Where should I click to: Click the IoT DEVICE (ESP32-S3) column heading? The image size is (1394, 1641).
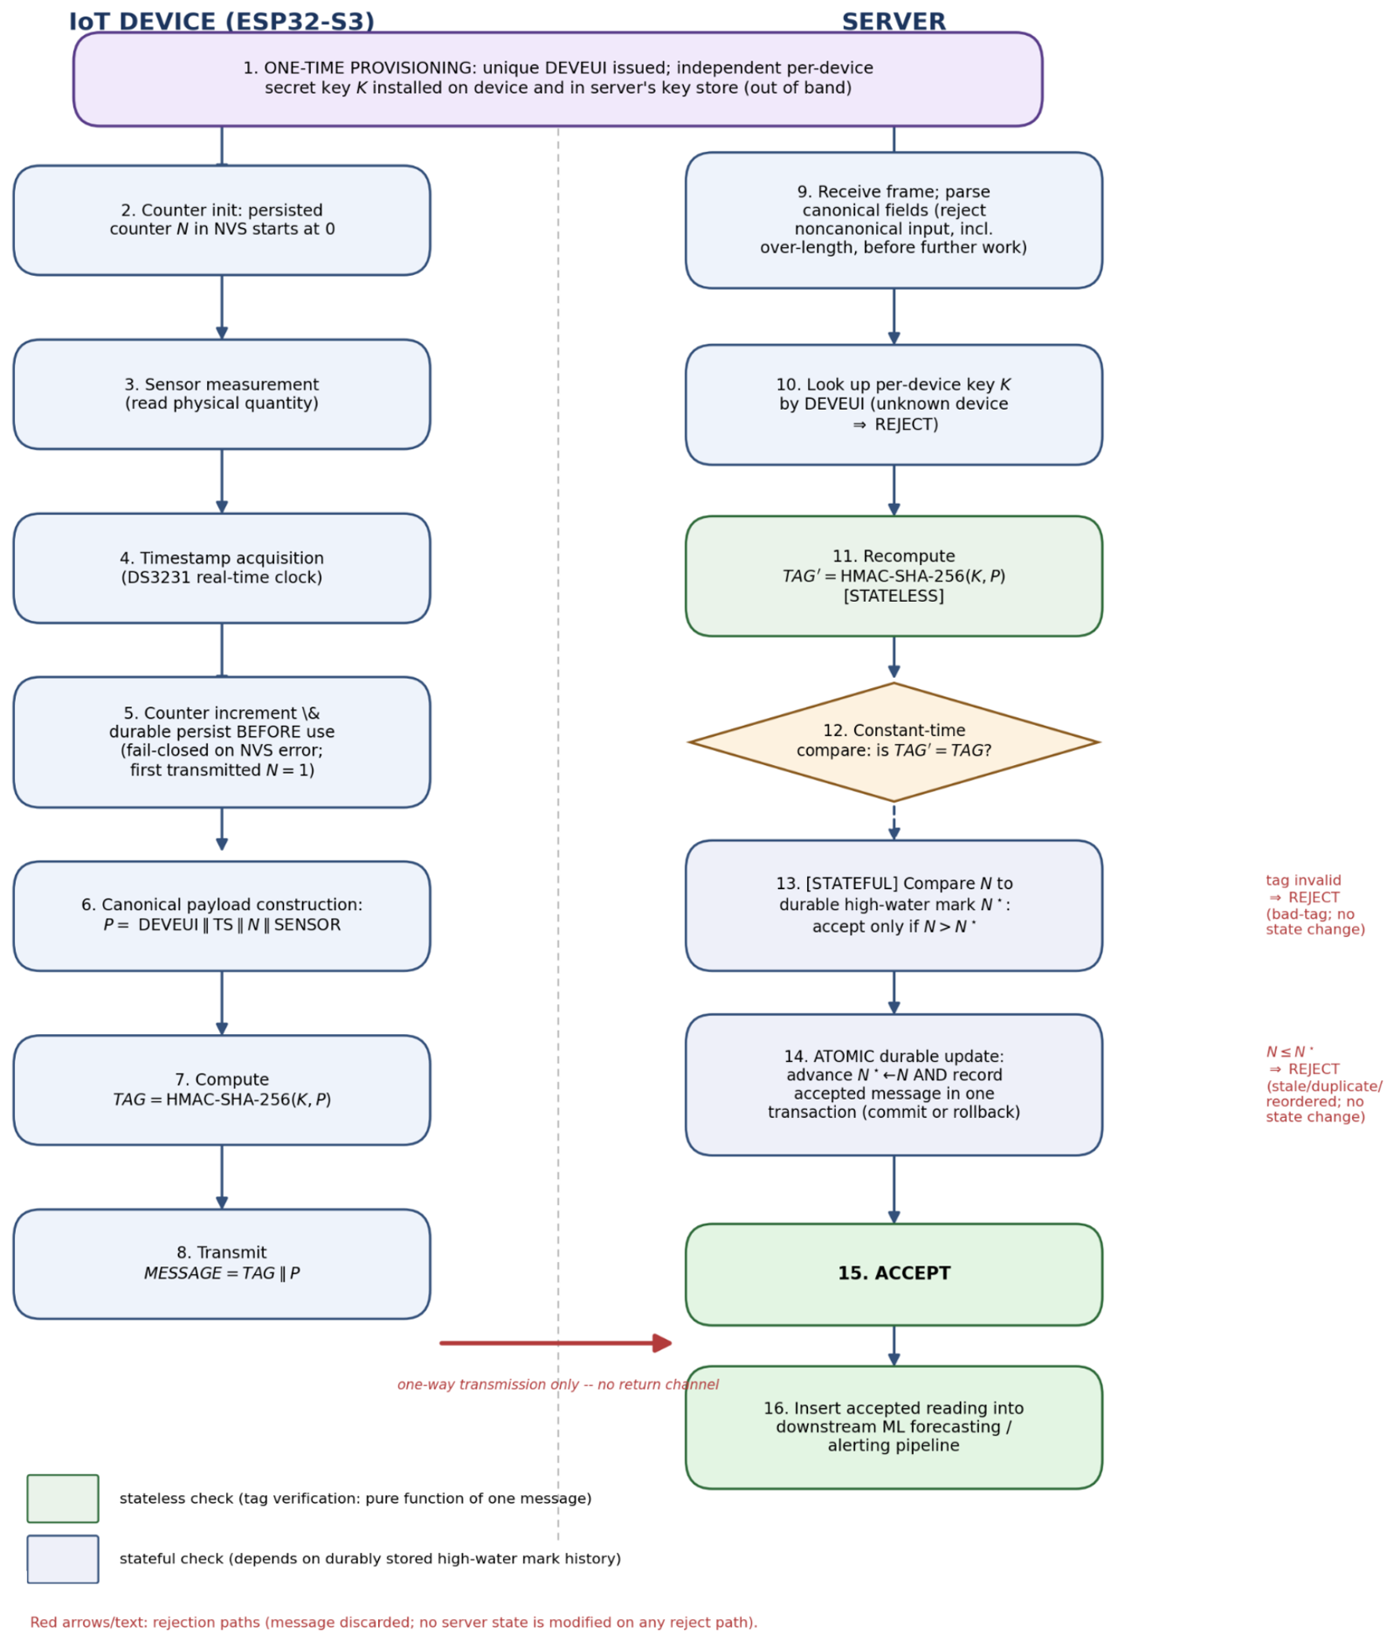[x=222, y=22]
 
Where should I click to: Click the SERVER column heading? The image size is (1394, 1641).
[x=894, y=22]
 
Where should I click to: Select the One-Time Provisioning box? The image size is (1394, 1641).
[x=557, y=79]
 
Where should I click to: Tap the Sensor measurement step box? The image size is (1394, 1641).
[x=222, y=395]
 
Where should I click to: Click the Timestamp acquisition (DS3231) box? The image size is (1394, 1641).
[x=222, y=569]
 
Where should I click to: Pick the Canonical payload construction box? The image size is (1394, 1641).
[x=222, y=916]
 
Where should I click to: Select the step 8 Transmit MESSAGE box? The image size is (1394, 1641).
[x=222, y=1264]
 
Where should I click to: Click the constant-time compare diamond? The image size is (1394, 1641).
[x=894, y=742]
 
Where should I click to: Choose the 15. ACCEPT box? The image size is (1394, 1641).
[x=894, y=1274]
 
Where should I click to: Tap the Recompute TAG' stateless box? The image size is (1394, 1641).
[x=894, y=576]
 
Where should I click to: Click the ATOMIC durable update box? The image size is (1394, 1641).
[x=894, y=1085]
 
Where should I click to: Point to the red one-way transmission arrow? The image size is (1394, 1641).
[x=556, y=1343]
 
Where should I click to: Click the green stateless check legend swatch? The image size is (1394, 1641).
[x=63, y=1499]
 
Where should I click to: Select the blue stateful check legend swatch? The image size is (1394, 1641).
[x=63, y=1559]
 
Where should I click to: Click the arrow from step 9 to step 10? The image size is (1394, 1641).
[x=894, y=316]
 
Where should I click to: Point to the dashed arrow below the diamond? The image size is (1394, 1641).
[x=894, y=821]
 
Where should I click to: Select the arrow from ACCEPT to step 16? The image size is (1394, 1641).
[x=894, y=1346]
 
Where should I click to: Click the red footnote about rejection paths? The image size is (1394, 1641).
[x=394, y=1622]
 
